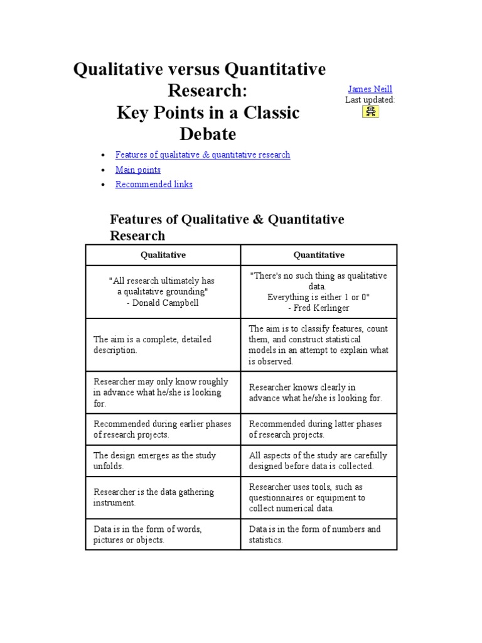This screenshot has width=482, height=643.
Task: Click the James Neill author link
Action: click(x=370, y=89)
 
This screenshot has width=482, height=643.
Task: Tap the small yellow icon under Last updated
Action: click(x=370, y=112)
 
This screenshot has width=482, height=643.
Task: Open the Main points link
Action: click(x=137, y=170)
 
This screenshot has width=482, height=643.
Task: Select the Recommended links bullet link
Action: click(x=154, y=184)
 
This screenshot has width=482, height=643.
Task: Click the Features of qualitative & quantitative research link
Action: click(x=202, y=154)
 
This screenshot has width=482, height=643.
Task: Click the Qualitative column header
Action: click(x=163, y=255)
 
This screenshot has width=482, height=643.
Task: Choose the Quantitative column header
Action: click(x=319, y=255)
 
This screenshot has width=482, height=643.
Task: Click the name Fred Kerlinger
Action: click(x=322, y=308)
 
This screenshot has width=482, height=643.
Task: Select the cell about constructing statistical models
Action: click(x=318, y=345)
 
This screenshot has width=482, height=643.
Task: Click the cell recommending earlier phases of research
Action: click(x=162, y=430)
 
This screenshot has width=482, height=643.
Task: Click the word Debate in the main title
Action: click(x=208, y=134)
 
